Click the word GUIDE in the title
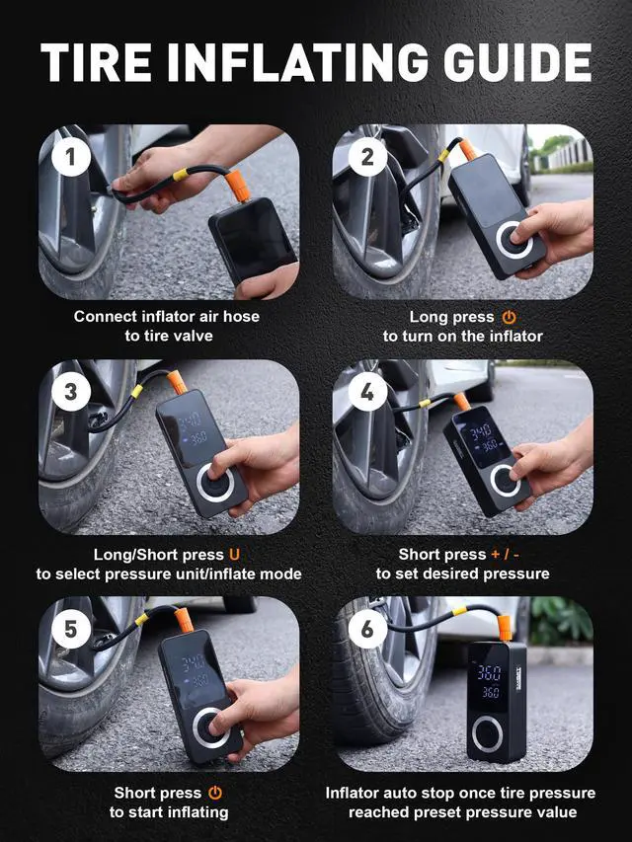517,62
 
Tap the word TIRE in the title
96,62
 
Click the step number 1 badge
71,157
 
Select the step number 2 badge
367,157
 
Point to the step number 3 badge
71,392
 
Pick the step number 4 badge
367,392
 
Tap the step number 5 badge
71,629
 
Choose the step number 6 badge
367,629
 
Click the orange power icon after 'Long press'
509,318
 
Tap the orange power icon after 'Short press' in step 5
215,793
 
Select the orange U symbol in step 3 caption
234,554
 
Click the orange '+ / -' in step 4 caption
505,554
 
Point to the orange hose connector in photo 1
238,186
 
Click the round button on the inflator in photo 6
488,734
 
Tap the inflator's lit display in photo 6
490,681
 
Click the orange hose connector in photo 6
504,628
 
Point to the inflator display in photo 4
477,437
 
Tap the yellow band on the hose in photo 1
180,175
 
